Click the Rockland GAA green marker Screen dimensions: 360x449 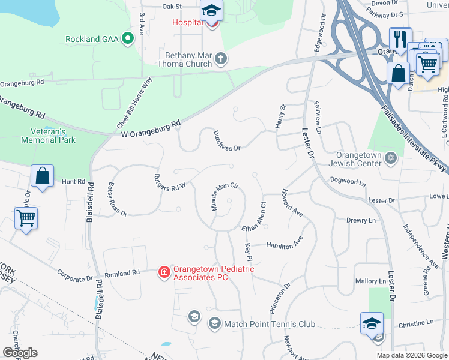pos(127,40)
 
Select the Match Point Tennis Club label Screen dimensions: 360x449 pos(269,324)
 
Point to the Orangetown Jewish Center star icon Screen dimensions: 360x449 pos(391,157)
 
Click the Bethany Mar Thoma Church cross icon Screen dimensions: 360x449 pos(221,58)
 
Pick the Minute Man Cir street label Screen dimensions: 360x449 pos(225,196)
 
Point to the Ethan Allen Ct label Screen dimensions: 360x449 pos(254,217)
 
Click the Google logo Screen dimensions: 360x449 pos(20,353)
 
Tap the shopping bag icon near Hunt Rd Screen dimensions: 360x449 pos(43,177)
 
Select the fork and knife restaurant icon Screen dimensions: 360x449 pos(400,39)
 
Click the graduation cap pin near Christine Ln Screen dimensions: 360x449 pos(371,323)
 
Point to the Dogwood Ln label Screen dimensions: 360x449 pos(348,181)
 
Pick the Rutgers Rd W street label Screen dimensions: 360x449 pos(170,181)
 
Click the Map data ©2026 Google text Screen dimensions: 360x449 pos(411,355)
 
